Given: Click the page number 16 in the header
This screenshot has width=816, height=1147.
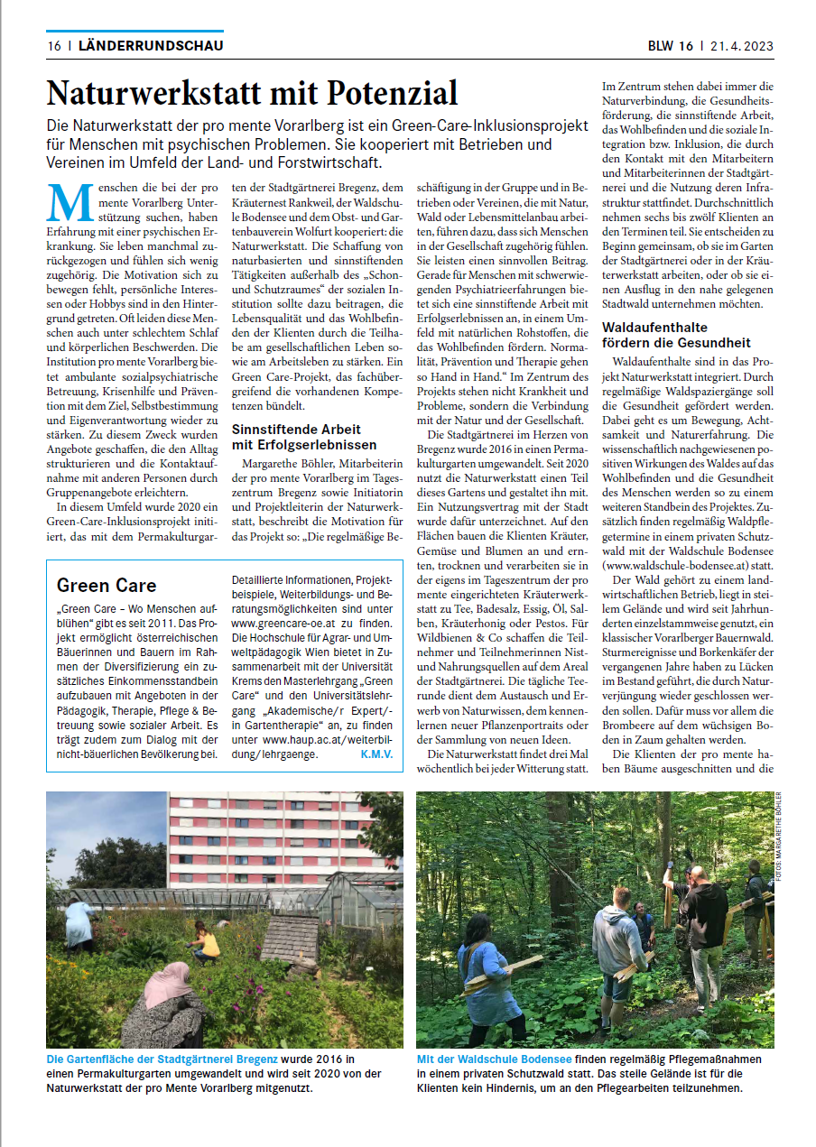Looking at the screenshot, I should [53, 45].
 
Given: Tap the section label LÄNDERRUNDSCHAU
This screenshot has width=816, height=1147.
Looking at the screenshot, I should [151, 45].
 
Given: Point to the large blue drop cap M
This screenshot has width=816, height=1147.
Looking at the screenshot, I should [70, 202].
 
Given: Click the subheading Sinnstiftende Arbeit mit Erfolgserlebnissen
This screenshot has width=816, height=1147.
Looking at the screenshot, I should [303, 438].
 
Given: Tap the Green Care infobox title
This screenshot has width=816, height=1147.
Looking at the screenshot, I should [107, 586].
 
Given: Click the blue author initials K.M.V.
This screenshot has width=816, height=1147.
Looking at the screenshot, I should [376, 754].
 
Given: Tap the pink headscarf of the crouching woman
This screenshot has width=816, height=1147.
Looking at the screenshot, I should [168, 984].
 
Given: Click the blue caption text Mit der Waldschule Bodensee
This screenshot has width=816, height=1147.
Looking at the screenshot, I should [494, 1059].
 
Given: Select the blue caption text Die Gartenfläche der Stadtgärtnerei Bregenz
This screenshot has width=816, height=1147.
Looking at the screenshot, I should [162, 1059].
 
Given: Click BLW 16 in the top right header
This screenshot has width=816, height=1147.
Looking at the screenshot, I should [670, 46].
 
